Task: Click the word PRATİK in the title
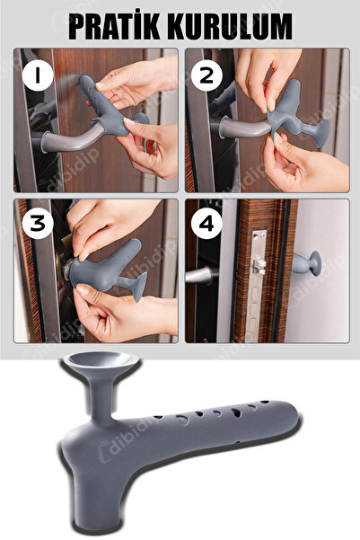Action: point(114,27)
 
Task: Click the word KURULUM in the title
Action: point(229,27)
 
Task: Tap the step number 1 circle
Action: point(38,76)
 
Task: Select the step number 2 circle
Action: point(206,75)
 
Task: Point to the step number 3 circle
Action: point(38,224)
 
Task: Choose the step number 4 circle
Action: point(206,224)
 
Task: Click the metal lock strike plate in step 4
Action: point(259,286)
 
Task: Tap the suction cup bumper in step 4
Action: point(307,263)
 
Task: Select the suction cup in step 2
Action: point(322,134)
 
